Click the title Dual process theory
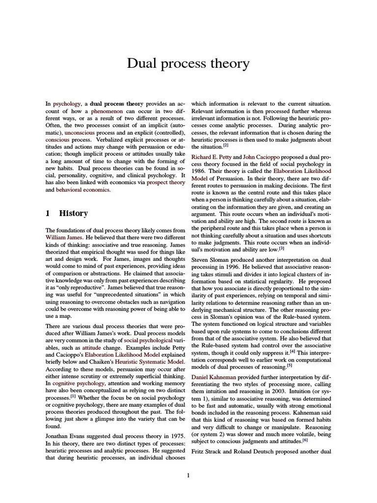point(188,64)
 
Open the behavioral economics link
point(83,190)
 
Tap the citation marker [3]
point(282,248)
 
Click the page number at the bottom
point(188,475)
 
